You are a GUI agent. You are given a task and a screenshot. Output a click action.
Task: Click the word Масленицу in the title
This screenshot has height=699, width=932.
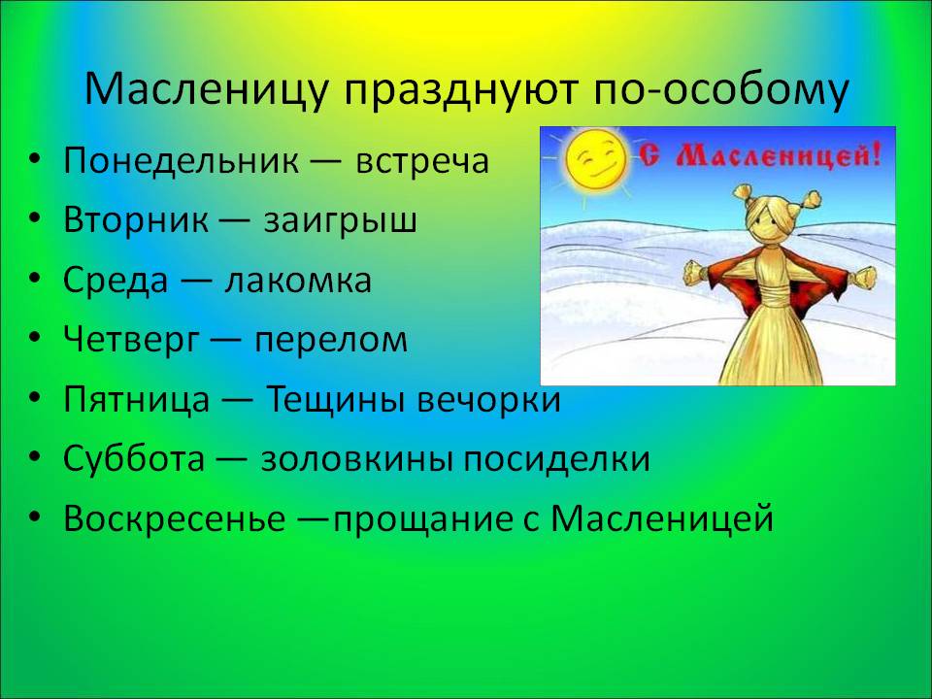(206, 90)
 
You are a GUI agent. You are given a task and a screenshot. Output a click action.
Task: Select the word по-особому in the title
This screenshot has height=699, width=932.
(720, 92)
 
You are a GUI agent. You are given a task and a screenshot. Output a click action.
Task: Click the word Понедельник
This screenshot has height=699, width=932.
(182, 161)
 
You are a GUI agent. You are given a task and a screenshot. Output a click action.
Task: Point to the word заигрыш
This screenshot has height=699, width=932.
(341, 220)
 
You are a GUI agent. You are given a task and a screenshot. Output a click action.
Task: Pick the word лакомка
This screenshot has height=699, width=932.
(298, 280)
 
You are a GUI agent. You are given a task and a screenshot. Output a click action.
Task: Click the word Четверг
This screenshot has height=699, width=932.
(131, 339)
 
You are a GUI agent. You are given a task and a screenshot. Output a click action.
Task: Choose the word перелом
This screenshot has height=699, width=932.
(332, 340)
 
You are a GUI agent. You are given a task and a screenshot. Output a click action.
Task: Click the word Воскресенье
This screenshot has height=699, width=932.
(174, 517)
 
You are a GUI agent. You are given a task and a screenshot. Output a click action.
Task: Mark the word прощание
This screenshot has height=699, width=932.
(421, 518)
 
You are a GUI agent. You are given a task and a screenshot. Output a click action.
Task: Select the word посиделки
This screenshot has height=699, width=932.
(556, 459)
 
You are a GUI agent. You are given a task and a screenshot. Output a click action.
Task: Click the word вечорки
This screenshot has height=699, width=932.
(488, 400)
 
